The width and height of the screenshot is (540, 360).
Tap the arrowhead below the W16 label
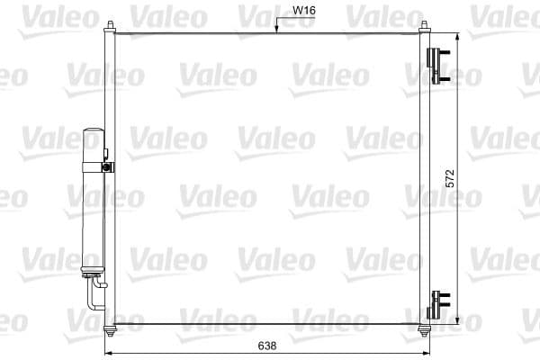278,31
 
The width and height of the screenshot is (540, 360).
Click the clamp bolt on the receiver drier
107,166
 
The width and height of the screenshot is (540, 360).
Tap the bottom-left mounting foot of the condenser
110,328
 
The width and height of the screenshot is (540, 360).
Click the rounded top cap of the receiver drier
94,133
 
